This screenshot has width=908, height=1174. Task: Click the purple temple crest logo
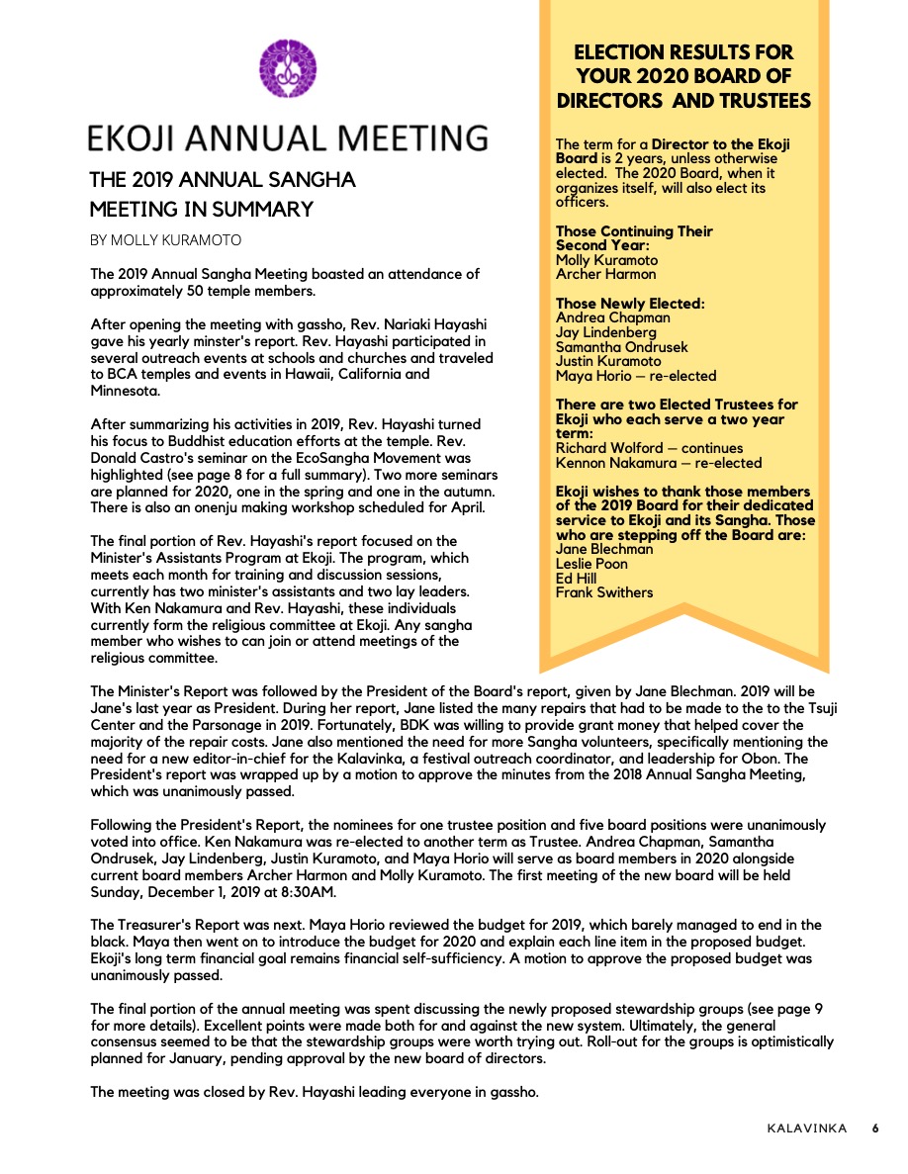click(x=288, y=68)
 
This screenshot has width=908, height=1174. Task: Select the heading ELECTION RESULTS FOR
click(x=683, y=52)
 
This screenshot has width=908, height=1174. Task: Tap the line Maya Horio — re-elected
click(x=635, y=376)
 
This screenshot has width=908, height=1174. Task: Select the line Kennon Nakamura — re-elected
click(x=659, y=463)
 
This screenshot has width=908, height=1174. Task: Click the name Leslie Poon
click(x=591, y=564)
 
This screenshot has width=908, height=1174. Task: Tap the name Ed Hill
click(x=577, y=578)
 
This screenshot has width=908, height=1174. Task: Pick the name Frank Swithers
click(x=604, y=592)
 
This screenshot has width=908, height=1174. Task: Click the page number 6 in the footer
click(x=874, y=1129)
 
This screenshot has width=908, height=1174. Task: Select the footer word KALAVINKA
click(x=807, y=1129)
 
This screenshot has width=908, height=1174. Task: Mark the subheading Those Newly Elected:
click(x=630, y=304)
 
